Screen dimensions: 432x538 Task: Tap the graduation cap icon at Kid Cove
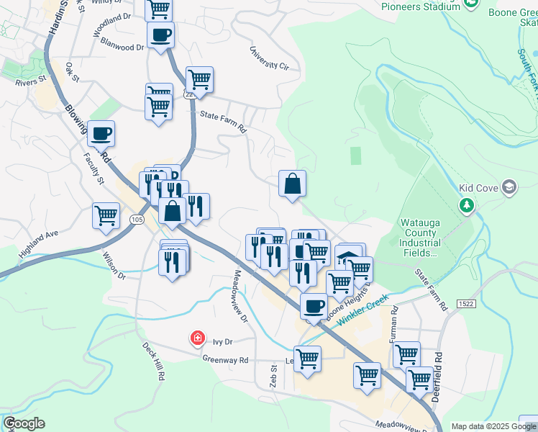click(509, 188)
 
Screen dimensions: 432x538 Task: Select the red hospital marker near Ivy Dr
click(196, 338)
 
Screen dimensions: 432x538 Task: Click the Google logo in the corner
click(24, 423)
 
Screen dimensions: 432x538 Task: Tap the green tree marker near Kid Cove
click(467, 206)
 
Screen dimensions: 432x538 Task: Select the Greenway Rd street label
click(225, 360)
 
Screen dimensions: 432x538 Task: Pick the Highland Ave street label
click(39, 245)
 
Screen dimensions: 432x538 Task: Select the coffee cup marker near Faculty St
click(101, 133)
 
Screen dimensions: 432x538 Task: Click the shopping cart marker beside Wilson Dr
click(106, 215)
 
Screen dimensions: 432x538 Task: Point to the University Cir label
click(269, 58)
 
